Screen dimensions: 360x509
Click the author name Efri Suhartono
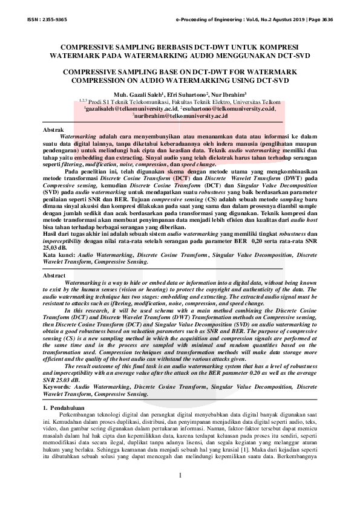click(185, 95)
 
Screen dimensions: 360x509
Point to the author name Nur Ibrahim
click(229, 95)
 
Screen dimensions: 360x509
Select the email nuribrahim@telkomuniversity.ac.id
click(180, 115)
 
